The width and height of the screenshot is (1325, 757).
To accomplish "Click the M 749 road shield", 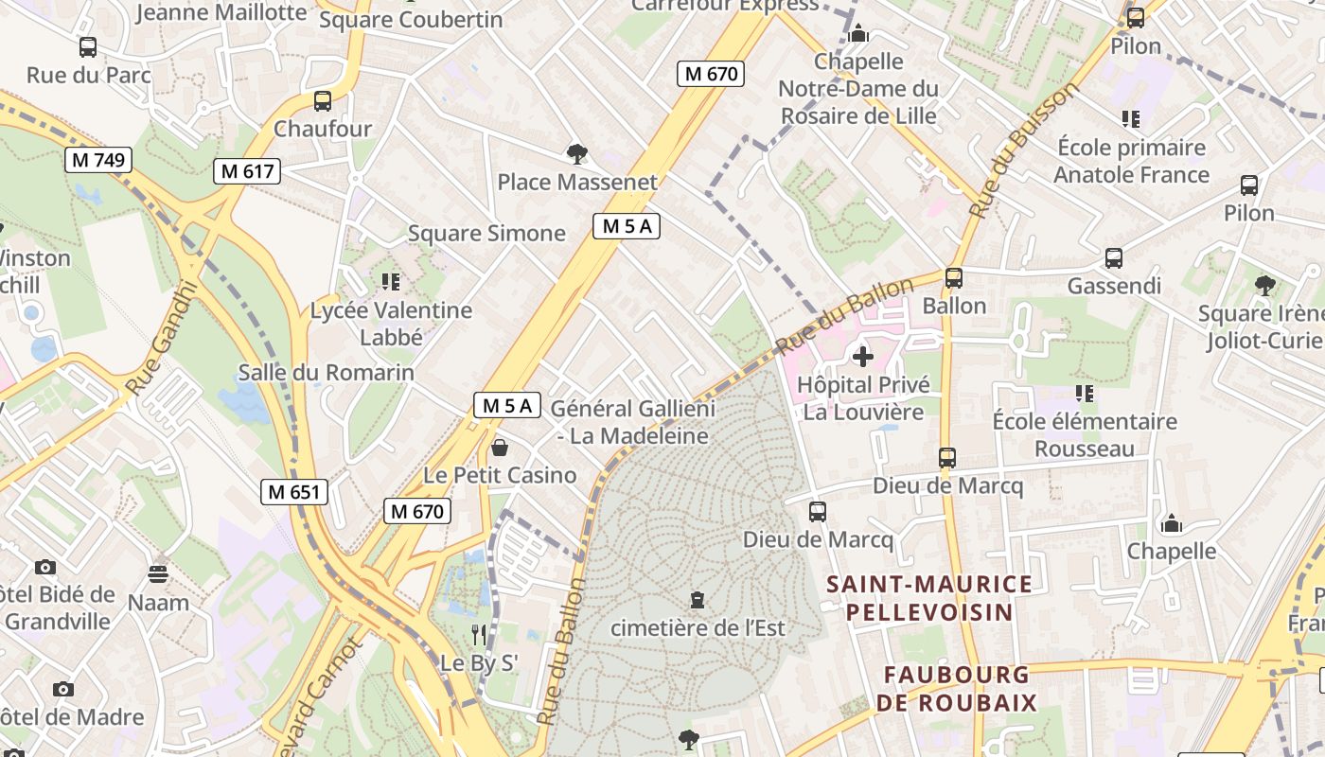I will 98,160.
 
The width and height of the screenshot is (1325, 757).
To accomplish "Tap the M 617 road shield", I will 247,171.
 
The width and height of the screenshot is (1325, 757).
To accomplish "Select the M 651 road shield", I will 294,491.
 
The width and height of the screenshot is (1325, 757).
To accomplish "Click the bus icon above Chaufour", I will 323,101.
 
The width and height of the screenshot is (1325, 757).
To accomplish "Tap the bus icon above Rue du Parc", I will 88,46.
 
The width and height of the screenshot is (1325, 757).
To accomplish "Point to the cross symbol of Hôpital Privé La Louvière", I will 862,357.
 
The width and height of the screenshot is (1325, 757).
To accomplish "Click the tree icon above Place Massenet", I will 576,153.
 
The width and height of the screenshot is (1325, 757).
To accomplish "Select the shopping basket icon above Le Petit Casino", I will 500,447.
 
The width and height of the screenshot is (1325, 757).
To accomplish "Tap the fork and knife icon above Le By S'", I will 480,634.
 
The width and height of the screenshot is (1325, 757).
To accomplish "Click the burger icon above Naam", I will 158,573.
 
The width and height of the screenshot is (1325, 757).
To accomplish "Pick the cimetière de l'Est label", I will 704,627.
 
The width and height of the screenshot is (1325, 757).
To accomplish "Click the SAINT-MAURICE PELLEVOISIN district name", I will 929,597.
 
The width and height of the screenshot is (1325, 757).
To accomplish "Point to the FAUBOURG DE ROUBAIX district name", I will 956,689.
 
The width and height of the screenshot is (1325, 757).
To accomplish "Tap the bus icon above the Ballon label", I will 954,278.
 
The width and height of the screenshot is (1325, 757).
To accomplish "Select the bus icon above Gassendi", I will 1114,258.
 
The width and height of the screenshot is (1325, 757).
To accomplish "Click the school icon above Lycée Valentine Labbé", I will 390,281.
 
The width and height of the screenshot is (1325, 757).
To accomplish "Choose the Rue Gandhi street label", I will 160,338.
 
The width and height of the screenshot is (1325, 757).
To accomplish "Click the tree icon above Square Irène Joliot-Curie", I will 1263,285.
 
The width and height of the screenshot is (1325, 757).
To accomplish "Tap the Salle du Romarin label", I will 326,372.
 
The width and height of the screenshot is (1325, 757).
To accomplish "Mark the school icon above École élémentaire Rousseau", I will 1084,393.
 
